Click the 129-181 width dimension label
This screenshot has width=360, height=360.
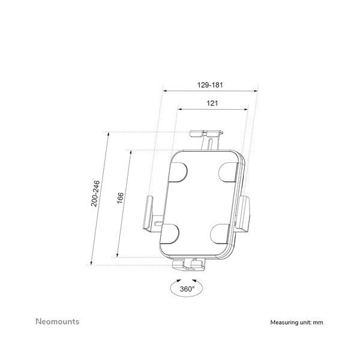coord(210,85)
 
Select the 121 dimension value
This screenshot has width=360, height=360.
coord(212,103)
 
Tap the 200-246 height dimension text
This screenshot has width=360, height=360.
coord(95,194)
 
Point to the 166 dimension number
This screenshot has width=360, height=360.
coord(120,198)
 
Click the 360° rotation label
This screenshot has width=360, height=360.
coord(187,289)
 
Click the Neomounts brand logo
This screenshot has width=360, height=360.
coord(58,322)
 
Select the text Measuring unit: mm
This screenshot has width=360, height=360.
coord(296,322)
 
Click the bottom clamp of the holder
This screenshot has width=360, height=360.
coord(189,265)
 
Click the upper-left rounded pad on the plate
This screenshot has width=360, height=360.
coord(178,172)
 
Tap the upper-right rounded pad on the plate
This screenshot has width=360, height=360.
coord(228,172)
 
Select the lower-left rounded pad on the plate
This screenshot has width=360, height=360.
coord(169,234)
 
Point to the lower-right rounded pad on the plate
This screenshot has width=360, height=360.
coord(220,234)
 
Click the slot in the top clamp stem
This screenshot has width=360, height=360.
coord(210,144)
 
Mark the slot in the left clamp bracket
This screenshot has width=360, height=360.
coord(158,223)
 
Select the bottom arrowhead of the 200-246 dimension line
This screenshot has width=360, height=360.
coord(91,263)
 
